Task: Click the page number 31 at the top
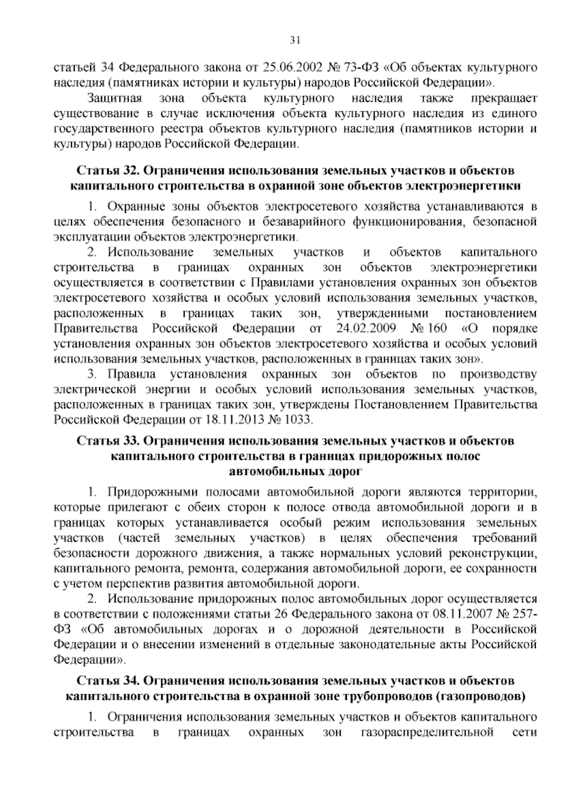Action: (x=295, y=40)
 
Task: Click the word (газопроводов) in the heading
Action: (x=481, y=696)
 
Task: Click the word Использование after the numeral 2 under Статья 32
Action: (x=151, y=252)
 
